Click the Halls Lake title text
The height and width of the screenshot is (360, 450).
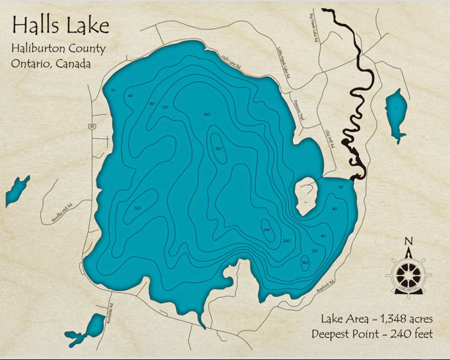tap(61, 26)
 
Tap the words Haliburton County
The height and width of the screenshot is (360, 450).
tap(58, 49)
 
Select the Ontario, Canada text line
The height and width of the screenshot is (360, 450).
tap(51, 64)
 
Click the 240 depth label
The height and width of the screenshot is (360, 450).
tap(267, 230)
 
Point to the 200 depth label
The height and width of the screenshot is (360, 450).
tap(287, 241)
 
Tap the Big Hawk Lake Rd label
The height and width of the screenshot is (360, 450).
tap(313, 28)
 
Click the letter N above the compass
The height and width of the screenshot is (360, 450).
tap(408, 241)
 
